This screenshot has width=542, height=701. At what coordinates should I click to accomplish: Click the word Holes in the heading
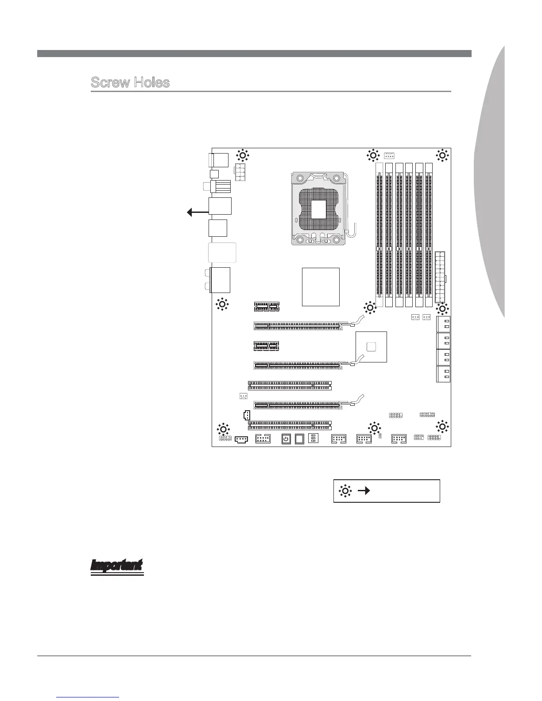(151, 83)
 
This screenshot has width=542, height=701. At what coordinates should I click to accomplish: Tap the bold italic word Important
(117, 566)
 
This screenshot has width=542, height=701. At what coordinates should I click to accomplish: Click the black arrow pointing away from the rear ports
(197, 213)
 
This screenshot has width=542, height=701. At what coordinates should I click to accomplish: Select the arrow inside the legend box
(364, 490)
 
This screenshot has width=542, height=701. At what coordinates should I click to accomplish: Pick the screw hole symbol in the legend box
(345, 490)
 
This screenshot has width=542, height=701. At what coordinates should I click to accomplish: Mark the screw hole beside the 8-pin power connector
(242, 155)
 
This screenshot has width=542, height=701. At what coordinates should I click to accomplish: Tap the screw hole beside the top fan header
(372, 155)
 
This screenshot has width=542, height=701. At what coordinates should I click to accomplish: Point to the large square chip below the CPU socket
(321, 286)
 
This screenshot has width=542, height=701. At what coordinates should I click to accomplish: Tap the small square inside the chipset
(371, 346)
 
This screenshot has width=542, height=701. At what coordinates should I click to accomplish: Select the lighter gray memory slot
(379, 235)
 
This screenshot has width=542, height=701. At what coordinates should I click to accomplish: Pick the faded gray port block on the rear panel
(221, 253)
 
